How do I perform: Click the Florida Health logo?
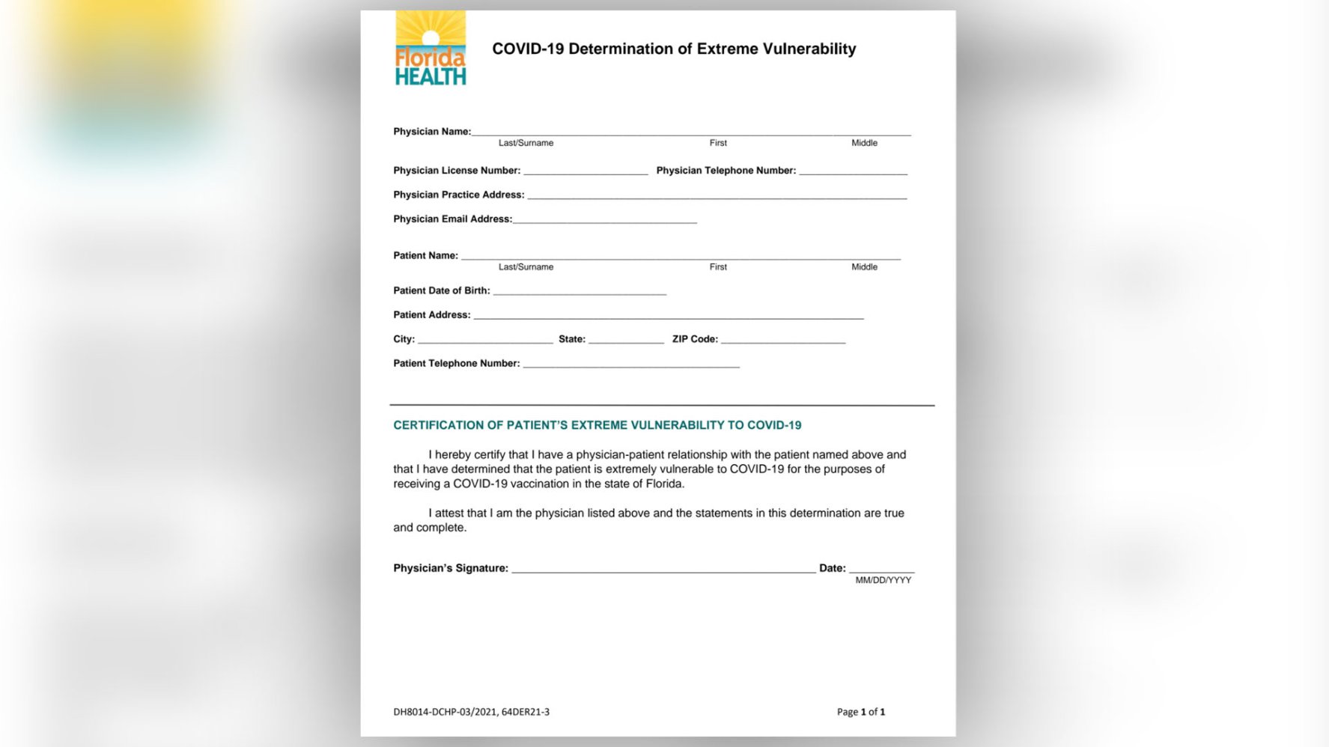point(431,49)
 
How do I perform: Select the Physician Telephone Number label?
point(726,171)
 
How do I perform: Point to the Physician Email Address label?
point(452,219)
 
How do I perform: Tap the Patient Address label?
point(431,315)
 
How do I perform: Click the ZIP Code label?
point(695,339)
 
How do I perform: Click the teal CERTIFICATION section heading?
point(597,425)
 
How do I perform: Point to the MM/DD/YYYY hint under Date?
point(883,580)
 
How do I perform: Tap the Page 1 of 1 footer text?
point(861,712)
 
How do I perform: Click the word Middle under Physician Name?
point(864,143)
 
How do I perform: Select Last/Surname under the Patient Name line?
point(526,267)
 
